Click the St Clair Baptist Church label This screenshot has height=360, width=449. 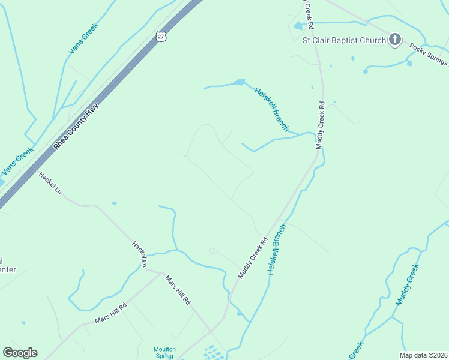click(x=343, y=40)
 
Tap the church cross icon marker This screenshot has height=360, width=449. click(x=394, y=40)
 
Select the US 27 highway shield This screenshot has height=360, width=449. click(x=160, y=37)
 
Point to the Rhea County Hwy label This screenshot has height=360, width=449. click(x=76, y=127)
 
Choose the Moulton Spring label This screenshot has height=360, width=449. click(x=164, y=352)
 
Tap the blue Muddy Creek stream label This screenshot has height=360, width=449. click(x=406, y=284)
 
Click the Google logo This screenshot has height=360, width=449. click(x=20, y=352)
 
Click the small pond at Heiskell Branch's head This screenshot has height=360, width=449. click(x=239, y=82)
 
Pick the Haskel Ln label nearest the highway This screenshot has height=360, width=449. click(x=50, y=183)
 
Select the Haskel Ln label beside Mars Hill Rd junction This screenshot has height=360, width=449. click(x=139, y=254)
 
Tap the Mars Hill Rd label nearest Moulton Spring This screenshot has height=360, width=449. click(x=178, y=292)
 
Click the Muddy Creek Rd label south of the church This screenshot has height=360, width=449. click(x=322, y=125)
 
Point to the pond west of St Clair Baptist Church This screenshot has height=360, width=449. click(x=298, y=26)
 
